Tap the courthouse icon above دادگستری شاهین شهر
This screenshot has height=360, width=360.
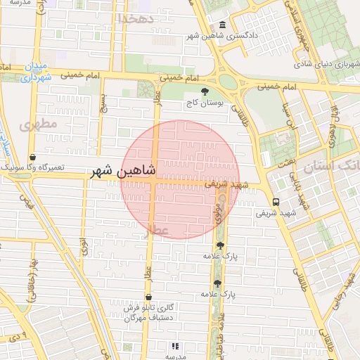222,25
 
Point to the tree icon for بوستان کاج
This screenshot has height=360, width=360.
205,92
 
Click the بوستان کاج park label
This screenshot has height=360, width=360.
204,103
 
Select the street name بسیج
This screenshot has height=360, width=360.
103,105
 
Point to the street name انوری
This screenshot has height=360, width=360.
83,245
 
